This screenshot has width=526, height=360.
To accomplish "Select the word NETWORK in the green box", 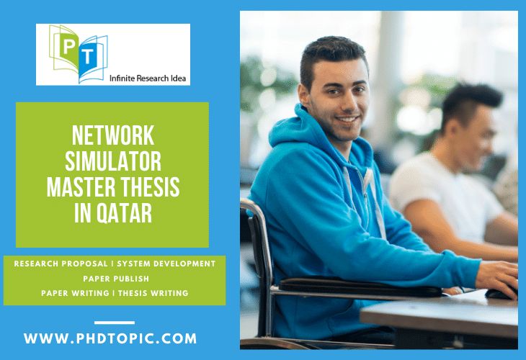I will pyautogui.click(x=113, y=134).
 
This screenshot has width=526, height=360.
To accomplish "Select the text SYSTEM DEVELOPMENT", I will pyautogui.click(x=167, y=264).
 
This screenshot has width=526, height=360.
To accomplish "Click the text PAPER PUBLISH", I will pyautogui.click(x=115, y=278).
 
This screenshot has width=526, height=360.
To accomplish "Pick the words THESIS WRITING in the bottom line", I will pyautogui.click(x=153, y=292).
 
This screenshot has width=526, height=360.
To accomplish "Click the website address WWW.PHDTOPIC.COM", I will pyautogui.click(x=110, y=338).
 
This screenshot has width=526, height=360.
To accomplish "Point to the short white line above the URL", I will pyautogui.click(x=114, y=323).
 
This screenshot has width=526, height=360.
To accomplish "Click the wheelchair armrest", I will pyautogui.click(x=360, y=288).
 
